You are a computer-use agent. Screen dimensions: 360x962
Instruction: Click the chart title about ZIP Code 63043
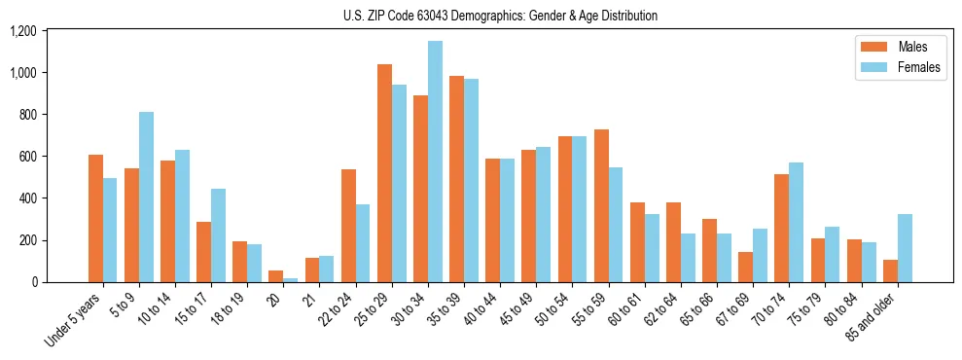click(x=500, y=16)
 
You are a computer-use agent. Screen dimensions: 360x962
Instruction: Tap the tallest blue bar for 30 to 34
click(x=435, y=162)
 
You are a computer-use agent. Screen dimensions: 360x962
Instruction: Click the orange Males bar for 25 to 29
click(x=384, y=173)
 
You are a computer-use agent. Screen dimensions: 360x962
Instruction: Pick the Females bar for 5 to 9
click(x=146, y=197)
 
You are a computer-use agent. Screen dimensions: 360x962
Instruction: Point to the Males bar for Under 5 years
click(x=95, y=218)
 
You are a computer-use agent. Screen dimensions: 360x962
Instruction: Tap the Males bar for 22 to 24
click(x=348, y=226)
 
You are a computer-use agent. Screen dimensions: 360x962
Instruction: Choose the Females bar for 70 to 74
click(x=797, y=222)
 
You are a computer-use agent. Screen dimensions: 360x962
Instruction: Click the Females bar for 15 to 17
click(x=218, y=235)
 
